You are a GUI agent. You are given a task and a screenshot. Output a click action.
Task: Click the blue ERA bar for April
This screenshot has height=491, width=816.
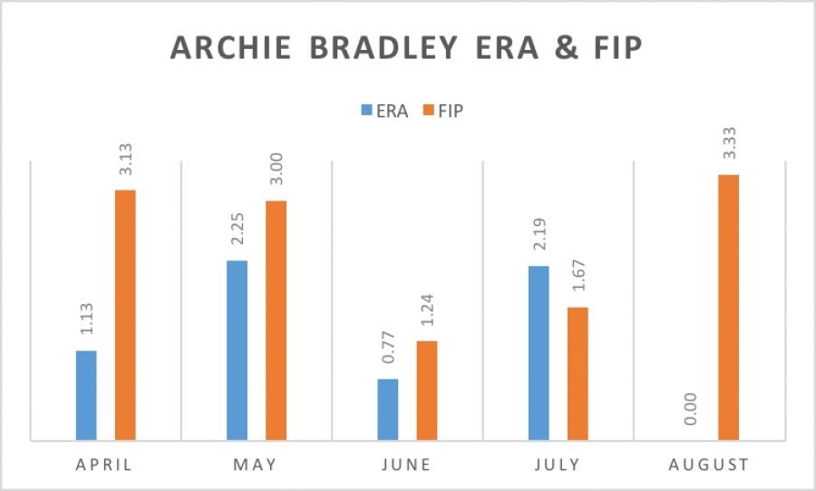pos(86,395)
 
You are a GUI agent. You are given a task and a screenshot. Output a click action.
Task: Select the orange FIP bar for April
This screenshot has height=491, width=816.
pos(125,315)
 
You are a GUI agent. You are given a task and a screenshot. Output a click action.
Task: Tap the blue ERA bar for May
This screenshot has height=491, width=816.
pos(238,350)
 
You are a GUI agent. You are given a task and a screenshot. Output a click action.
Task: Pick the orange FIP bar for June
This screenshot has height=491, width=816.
pos(427,390)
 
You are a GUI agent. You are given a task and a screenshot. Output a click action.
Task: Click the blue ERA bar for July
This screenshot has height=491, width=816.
pos(539,353)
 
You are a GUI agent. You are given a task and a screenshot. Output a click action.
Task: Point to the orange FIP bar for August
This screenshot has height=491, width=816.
pos(729,307)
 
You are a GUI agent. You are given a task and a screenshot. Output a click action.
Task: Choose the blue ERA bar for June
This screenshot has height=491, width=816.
pos(388,410)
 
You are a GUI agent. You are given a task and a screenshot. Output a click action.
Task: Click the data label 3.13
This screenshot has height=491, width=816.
pos(126,160)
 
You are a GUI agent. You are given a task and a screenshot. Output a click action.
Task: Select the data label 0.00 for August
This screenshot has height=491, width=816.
pos(690,408)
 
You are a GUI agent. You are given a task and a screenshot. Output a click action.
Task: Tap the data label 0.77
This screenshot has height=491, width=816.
pos(388,348)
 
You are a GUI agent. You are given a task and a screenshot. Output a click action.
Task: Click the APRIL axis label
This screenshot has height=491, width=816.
pos(104,465)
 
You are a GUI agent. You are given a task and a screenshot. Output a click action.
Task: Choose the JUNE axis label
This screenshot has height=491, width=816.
pos(406,465)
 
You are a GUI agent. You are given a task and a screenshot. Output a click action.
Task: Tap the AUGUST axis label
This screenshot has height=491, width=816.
pos(709,465)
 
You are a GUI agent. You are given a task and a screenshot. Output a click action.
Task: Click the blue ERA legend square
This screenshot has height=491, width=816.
pos(367,110)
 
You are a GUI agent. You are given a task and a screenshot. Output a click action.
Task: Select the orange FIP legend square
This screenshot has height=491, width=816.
pos(429,110)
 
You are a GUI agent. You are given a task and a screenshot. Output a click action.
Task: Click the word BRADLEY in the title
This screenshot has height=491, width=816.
pos(384,47)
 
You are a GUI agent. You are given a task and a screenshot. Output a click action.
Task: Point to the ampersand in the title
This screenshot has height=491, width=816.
pos(567,47)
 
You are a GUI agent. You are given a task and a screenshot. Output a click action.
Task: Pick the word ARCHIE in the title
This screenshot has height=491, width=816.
pos(230,47)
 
